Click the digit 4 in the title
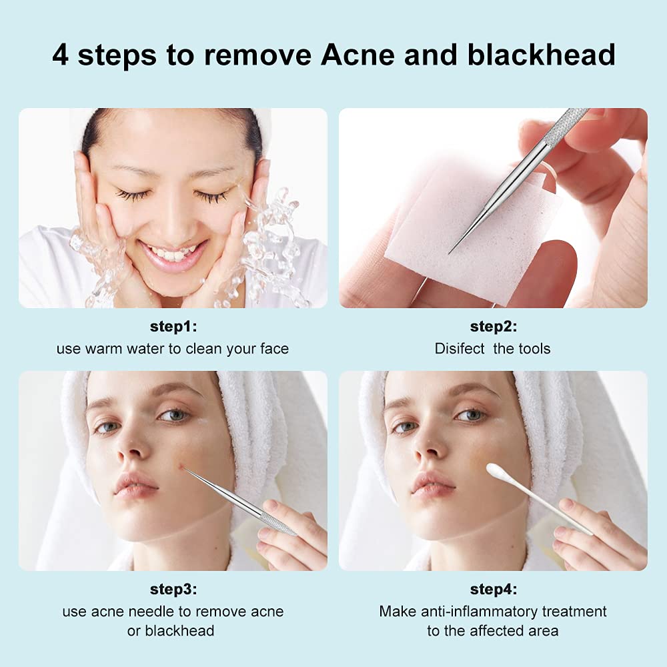[60, 55]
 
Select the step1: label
[173, 327]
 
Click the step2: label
[494, 327]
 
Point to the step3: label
[173, 590]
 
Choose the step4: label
[494, 590]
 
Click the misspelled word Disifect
[460, 348]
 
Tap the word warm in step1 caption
[103, 348]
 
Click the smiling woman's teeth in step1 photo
[173, 254]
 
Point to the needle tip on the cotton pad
[450, 252]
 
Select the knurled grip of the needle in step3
[277, 523]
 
